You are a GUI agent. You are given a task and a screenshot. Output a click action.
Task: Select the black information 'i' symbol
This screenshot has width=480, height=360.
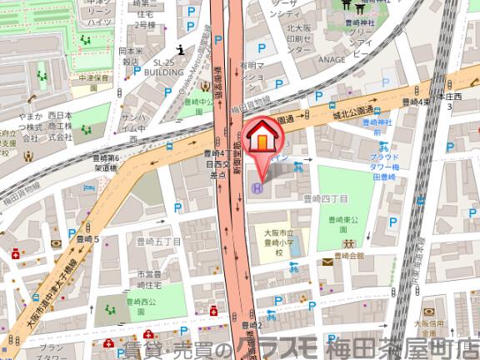pyautogui.click(x=182, y=48)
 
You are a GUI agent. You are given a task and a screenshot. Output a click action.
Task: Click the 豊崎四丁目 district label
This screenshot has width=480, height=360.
pyautogui.click(x=324, y=198)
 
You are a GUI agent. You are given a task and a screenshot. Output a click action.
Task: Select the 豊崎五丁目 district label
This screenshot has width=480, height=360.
pyautogui.click(x=158, y=242)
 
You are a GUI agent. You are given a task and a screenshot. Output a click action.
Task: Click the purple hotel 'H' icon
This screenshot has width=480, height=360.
pyautogui.click(x=257, y=188)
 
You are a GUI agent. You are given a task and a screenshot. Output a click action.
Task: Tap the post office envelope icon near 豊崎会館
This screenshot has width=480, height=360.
pyautogui.click(x=327, y=262)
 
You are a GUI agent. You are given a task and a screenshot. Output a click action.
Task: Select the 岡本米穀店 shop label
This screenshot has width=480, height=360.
pyautogui.click(x=129, y=56)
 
